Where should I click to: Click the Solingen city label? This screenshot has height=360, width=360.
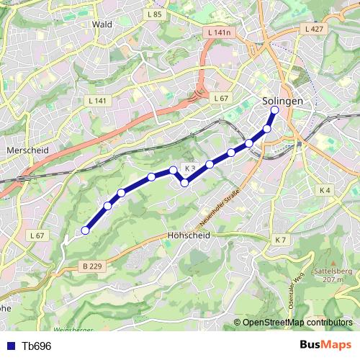[282, 102]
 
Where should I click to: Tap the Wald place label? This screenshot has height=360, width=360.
[102, 24]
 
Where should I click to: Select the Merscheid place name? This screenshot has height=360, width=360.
[27, 150]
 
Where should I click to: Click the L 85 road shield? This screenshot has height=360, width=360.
[153, 14]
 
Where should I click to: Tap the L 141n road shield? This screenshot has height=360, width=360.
[217, 32]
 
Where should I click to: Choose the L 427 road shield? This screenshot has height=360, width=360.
[313, 29]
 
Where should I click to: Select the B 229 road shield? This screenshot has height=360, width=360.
[91, 266]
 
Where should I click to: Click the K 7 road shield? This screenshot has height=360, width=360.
[280, 240]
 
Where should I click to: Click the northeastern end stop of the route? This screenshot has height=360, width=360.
[274, 110]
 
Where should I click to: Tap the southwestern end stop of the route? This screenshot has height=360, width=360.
[85, 230]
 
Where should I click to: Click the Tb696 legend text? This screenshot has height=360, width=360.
[36, 346]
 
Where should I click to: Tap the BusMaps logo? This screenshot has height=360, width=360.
[325, 346]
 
